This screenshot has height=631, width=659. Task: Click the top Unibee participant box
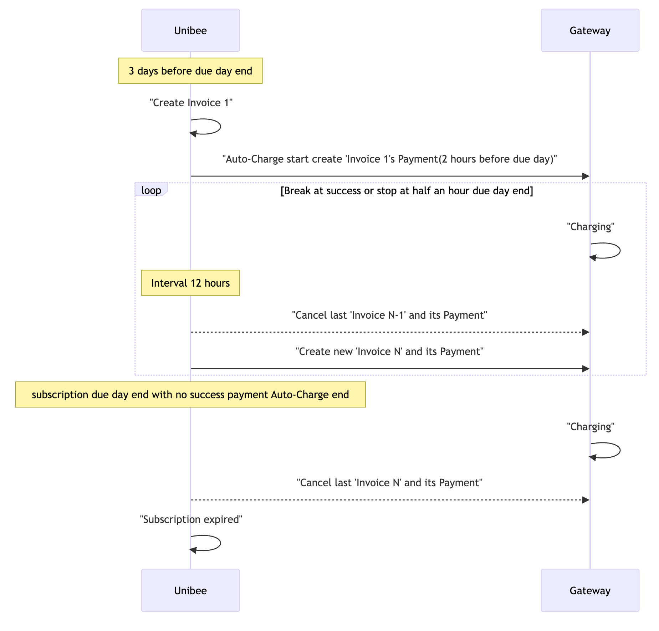tap(190, 30)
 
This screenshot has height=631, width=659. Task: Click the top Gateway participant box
tap(590, 30)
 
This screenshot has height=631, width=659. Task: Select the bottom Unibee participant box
tap(190, 590)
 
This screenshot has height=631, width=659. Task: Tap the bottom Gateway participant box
tap(590, 590)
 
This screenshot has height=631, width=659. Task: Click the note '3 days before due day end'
tap(190, 71)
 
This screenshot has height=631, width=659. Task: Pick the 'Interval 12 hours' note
tap(190, 283)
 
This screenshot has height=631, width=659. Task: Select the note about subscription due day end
tap(190, 395)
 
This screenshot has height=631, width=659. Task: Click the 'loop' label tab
tap(151, 190)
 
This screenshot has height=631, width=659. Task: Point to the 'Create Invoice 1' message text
tap(191, 103)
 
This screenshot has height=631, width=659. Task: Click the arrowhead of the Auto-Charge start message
tap(586, 176)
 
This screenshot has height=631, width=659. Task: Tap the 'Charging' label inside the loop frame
tap(591, 227)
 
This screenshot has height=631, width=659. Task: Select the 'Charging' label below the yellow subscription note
tap(591, 427)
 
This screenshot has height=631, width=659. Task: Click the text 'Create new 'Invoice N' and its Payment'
tap(389, 352)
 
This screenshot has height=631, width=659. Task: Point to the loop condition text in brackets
tap(407, 191)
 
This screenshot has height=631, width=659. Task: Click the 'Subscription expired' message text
tap(191, 519)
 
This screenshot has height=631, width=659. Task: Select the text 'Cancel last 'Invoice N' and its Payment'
tap(389, 483)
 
